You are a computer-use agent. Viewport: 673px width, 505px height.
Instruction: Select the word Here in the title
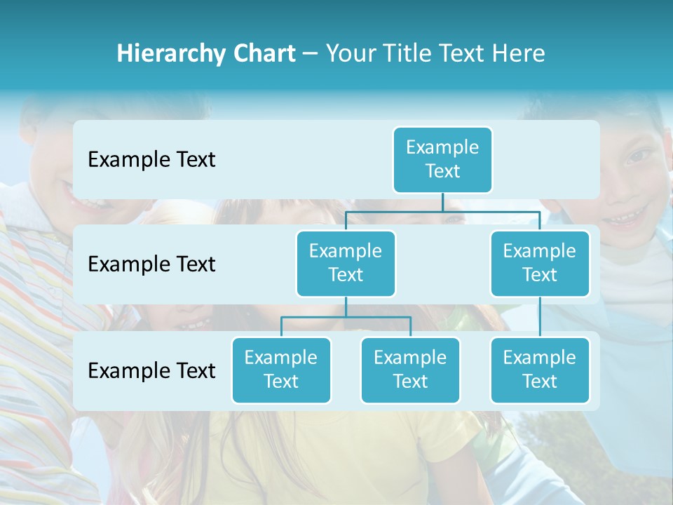(x=519, y=54)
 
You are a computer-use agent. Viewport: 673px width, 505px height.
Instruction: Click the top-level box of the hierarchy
(x=442, y=160)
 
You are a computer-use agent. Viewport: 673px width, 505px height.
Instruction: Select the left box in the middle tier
(x=346, y=264)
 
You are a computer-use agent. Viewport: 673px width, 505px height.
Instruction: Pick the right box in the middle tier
(x=540, y=264)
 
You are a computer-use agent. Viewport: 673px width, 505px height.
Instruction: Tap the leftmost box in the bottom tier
(x=281, y=370)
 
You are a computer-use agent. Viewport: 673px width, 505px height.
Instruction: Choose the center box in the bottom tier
(x=410, y=370)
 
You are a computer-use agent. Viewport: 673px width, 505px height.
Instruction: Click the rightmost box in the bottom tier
(x=540, y=370)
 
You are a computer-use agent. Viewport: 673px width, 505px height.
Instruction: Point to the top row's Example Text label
(x=151, y=160)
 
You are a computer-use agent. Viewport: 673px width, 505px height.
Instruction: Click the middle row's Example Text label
(x=151, y=264)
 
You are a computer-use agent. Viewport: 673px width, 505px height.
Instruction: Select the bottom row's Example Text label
(x=151, y=371)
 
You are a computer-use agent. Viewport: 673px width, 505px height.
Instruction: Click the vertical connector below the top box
(x=442, y=202)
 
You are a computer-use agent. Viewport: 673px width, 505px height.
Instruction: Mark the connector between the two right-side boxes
(x=540, y=317)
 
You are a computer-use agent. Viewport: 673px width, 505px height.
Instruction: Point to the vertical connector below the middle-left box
(x=346, y=307)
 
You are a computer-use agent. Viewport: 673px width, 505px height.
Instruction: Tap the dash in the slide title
(x=311, y=54)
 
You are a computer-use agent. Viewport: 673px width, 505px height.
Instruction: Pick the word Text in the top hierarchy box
(x=442, y=171)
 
